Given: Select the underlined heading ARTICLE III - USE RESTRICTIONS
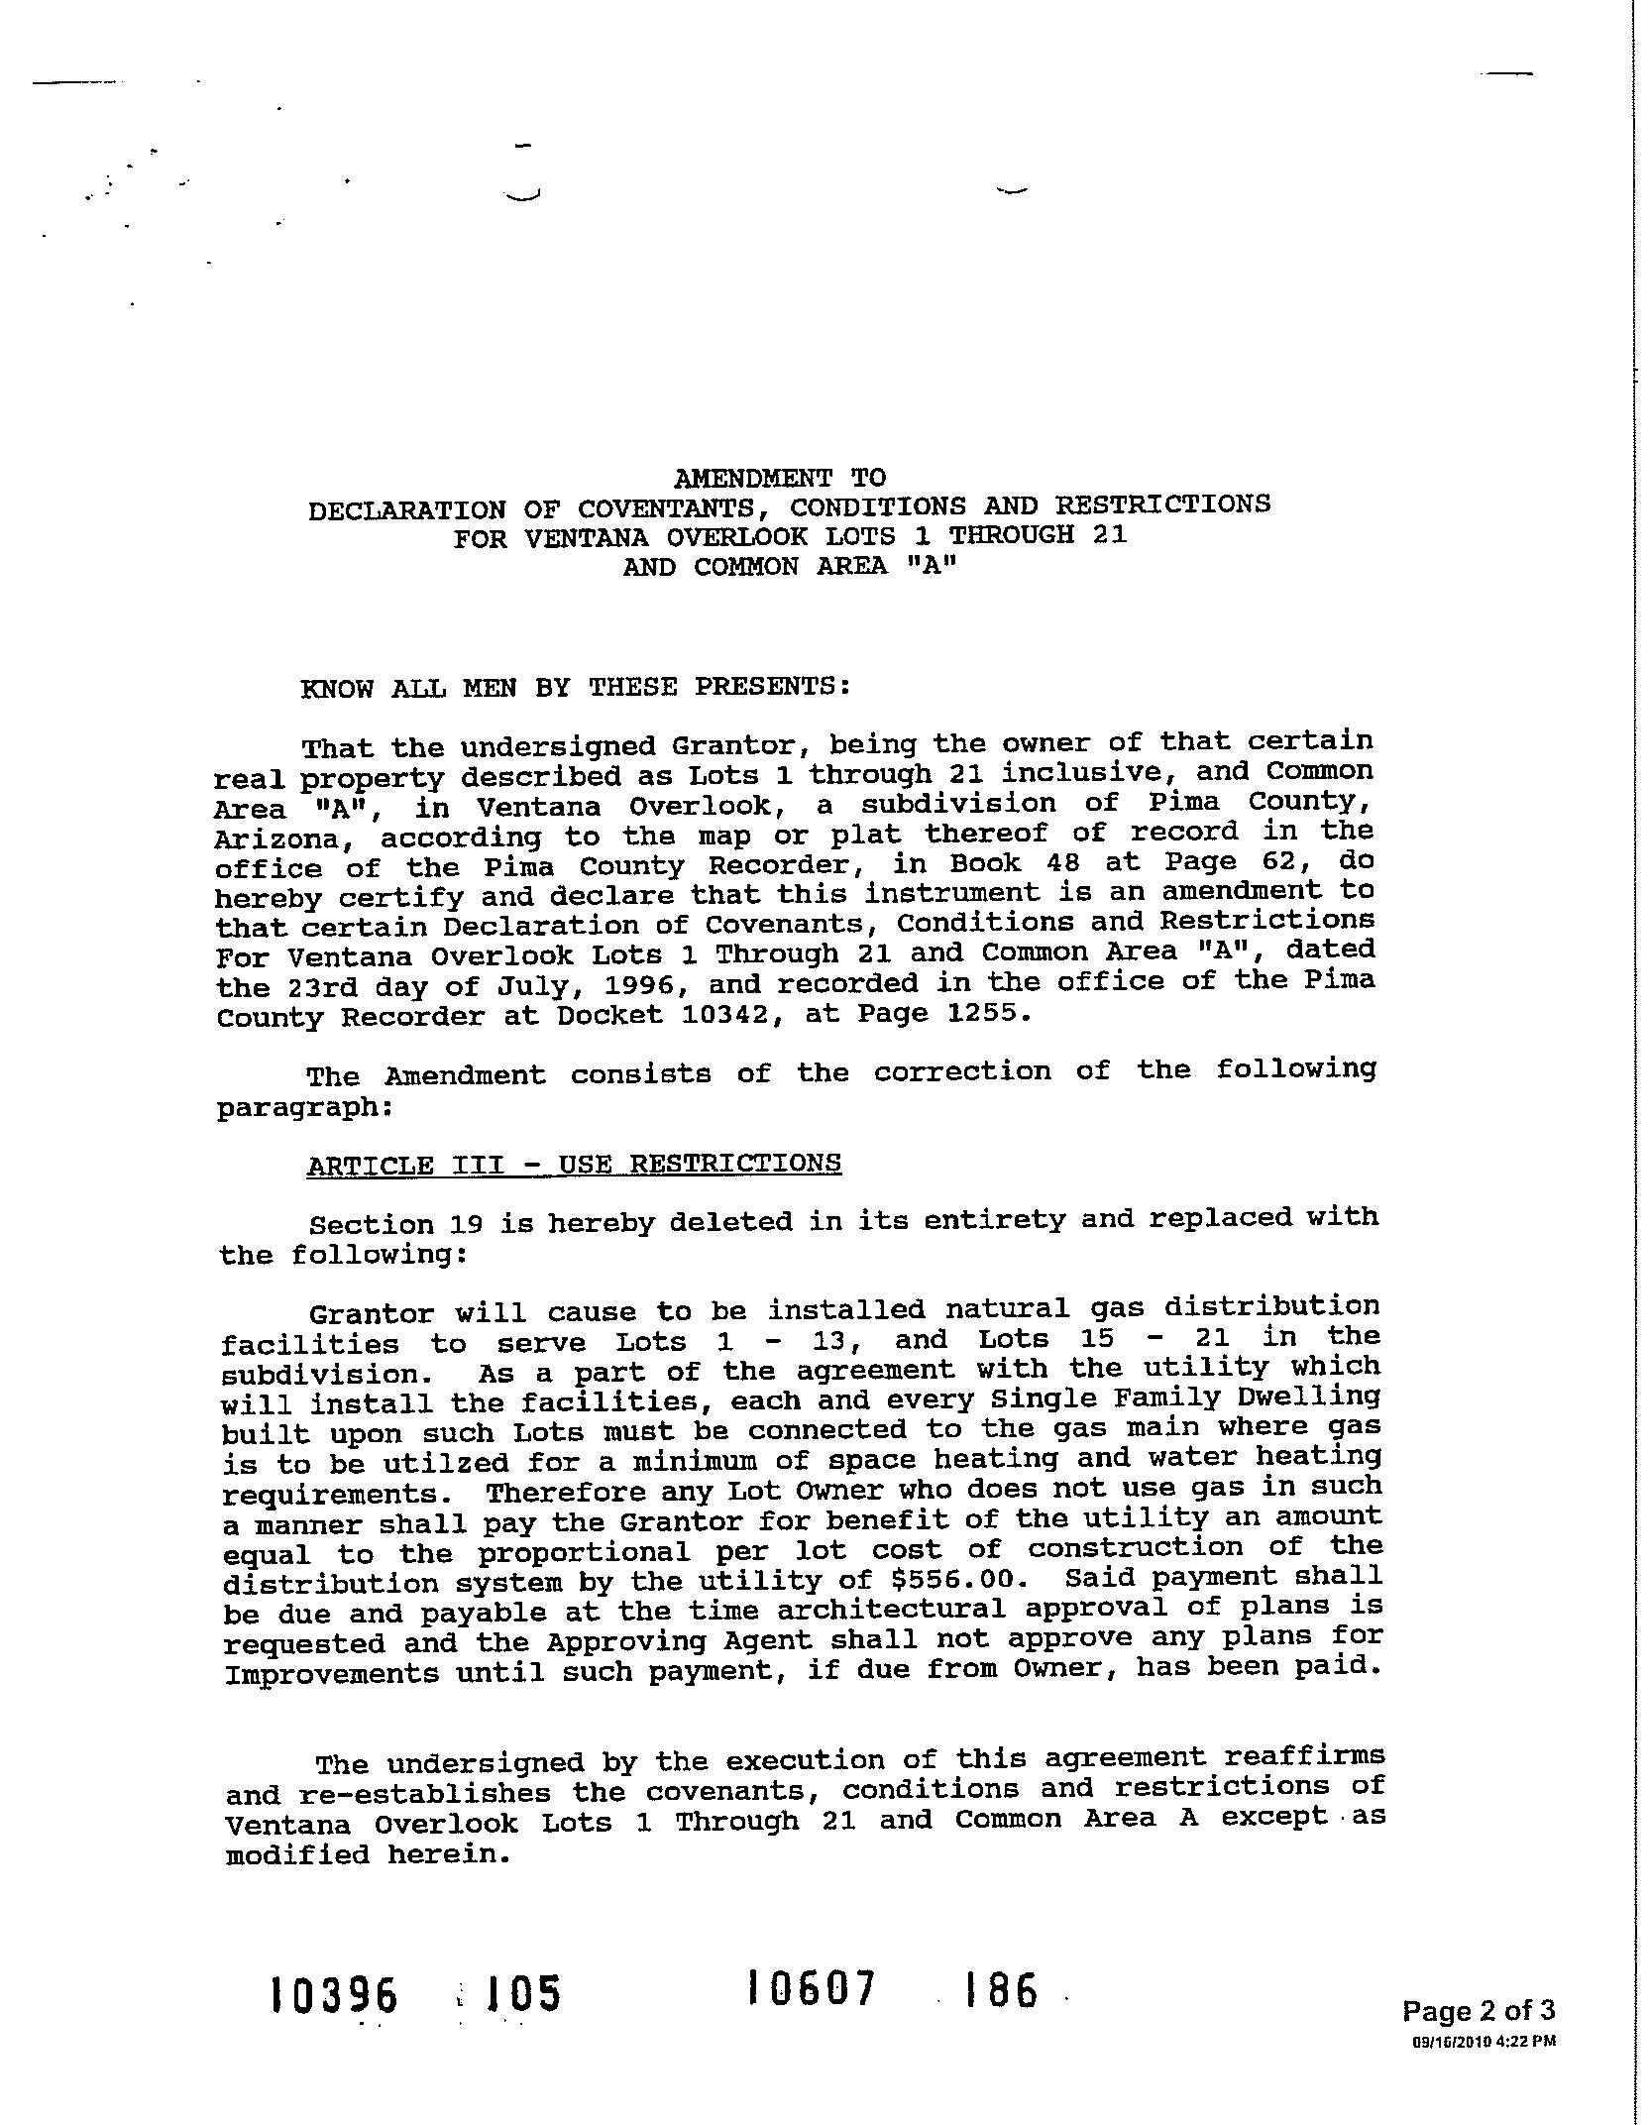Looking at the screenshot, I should coord(574,1164).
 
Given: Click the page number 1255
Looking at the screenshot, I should coord(982,1013).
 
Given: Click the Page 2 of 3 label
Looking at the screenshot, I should coord(1478,2011).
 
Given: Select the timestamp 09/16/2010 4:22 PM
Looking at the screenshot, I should coord(1484,2041).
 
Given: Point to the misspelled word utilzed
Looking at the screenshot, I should coord(455,1463).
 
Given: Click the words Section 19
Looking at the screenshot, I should coord(370,1224).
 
